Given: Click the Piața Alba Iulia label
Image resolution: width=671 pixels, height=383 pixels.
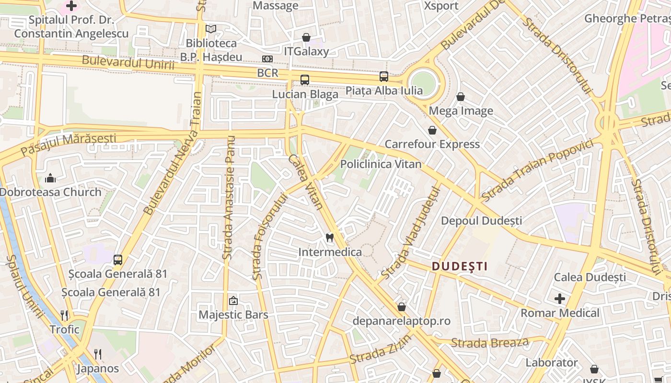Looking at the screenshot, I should coord(384,90).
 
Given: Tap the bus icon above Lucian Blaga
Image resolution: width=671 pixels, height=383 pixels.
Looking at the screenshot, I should coord(305,80).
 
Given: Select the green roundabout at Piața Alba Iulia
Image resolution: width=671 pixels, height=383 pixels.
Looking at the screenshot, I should coord(423,83).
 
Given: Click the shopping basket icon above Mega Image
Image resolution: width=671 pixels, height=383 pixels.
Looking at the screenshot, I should coord(461,97).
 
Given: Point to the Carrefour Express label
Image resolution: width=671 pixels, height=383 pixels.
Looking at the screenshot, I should coord(432,144).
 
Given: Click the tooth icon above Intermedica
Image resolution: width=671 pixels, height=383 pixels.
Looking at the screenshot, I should coord(329,237).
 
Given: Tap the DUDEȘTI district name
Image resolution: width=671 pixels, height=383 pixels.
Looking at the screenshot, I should coord(459,266).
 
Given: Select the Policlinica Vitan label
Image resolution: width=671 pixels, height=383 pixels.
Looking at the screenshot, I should coord(381,164).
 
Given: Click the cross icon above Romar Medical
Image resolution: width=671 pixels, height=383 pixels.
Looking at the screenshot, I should coord(560,299).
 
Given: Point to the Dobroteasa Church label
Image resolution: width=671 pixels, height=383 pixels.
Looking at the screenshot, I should coord(51,192).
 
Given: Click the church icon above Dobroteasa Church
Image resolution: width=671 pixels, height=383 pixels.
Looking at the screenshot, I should coord(51,179).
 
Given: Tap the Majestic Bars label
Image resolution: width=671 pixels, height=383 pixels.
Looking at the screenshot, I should coord(233,315).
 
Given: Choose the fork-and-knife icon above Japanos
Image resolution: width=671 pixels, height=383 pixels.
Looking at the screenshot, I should coord(98,354).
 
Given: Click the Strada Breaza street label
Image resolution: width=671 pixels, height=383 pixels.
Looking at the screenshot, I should coord(490,343).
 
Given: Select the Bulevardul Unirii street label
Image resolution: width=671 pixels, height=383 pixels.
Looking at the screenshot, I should coord(128,62).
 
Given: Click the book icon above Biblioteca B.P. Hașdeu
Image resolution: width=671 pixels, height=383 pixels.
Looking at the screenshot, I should coord(211,29).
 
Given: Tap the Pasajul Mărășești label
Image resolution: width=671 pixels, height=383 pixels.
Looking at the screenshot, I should coord(68,144).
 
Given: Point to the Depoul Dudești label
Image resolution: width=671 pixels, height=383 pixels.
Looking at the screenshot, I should coord(481,221).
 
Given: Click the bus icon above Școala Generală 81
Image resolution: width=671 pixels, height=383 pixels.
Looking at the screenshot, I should coord(118,260).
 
